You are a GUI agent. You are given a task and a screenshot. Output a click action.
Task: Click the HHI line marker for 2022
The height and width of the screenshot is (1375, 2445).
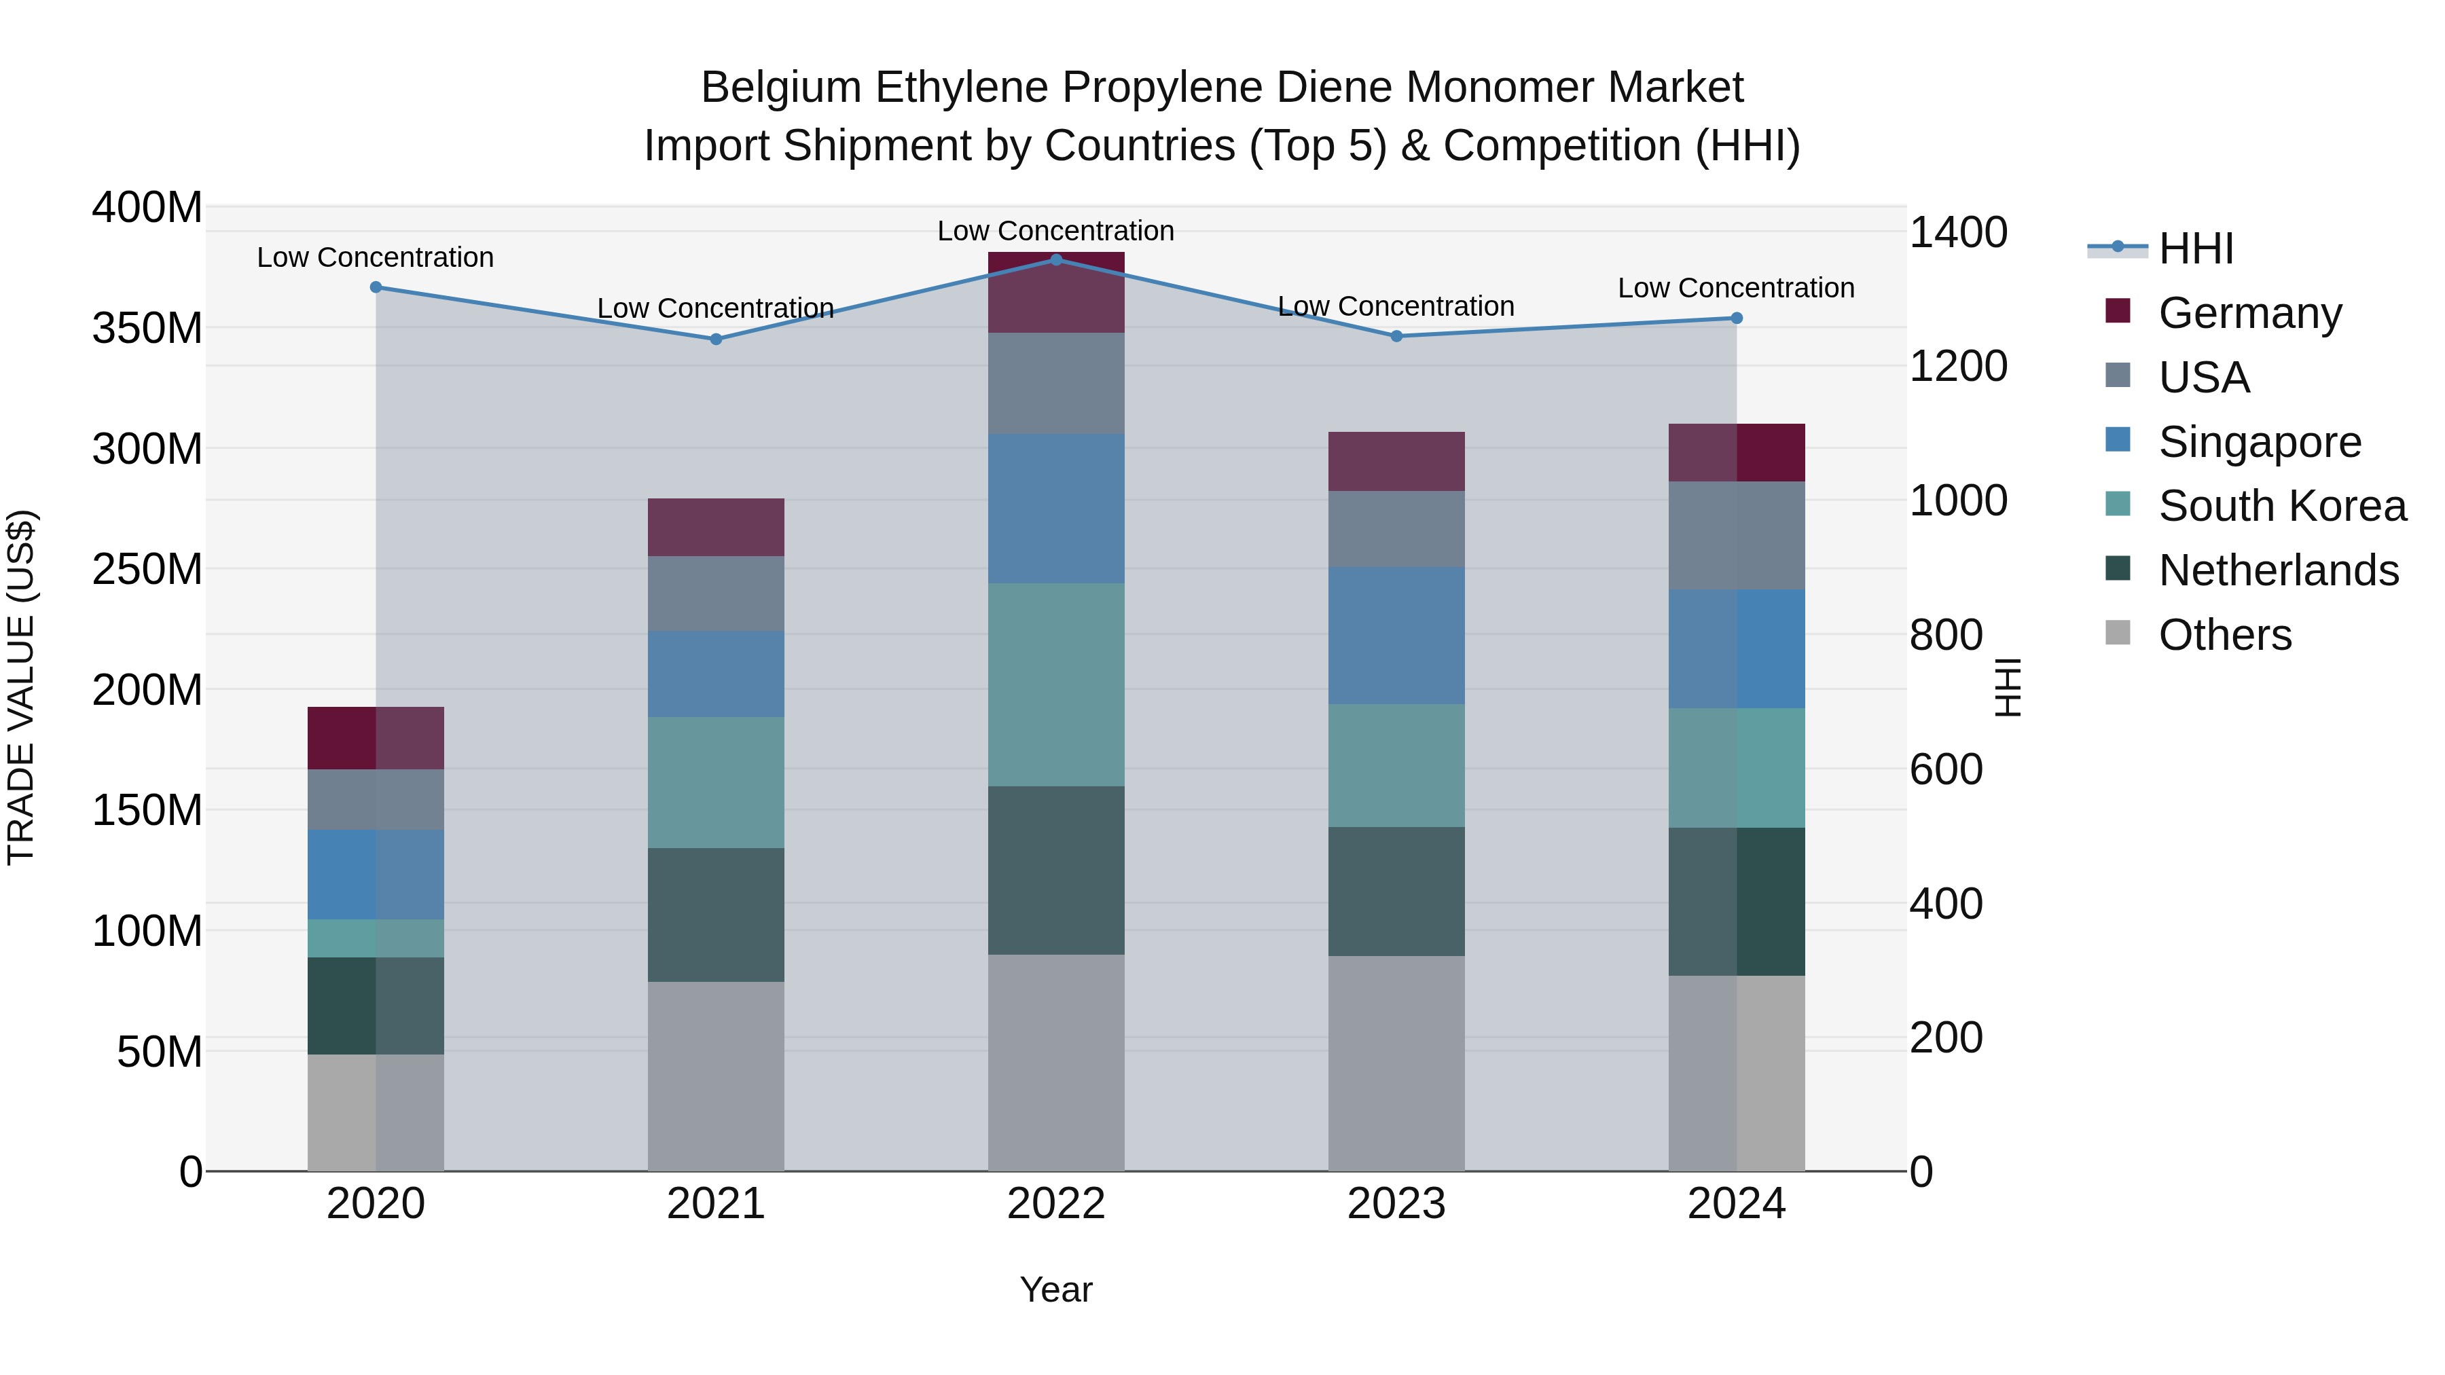coord(1055,260)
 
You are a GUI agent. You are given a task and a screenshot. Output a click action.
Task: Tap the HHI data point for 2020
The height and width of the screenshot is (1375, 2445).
coord(376,287)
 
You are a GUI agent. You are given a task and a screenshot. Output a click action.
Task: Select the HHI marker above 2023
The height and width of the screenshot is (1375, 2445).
coord(1396,336)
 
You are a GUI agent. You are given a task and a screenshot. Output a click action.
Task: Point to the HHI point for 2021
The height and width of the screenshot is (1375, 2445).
coord(716,339)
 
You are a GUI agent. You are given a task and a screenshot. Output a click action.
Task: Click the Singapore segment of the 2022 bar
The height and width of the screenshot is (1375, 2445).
coord(1055,509)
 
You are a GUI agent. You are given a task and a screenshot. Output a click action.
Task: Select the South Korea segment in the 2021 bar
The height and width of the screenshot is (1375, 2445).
coord(716,782)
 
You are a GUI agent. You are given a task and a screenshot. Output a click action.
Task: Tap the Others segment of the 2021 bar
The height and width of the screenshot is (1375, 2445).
coord(716,1076)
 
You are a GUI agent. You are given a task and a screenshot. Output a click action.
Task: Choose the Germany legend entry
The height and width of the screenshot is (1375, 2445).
coord(2249,313)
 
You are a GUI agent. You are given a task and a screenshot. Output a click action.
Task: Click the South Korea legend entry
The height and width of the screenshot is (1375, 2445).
coord(2282,506)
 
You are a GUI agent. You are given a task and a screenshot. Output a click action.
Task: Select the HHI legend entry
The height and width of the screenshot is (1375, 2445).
coord(2195,249)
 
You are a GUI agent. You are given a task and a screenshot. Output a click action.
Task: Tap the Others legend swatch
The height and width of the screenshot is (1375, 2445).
coord(2118,633)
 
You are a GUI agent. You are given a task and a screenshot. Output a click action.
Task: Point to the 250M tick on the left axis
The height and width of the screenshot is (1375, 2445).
coord(147,570)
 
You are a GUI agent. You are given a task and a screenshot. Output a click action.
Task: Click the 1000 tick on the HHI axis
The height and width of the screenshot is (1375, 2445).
coord(1957,501)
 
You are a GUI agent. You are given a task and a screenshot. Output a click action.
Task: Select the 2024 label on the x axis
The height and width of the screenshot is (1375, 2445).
coord(1736,1204)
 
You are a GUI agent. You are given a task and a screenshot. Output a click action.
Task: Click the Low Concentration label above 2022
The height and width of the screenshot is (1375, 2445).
coord(1055,231)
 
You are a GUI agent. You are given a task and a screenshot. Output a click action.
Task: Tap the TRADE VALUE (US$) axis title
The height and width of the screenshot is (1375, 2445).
coord(21,687)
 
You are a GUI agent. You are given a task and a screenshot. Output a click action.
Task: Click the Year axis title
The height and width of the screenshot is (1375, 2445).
coord(1055,1289)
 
